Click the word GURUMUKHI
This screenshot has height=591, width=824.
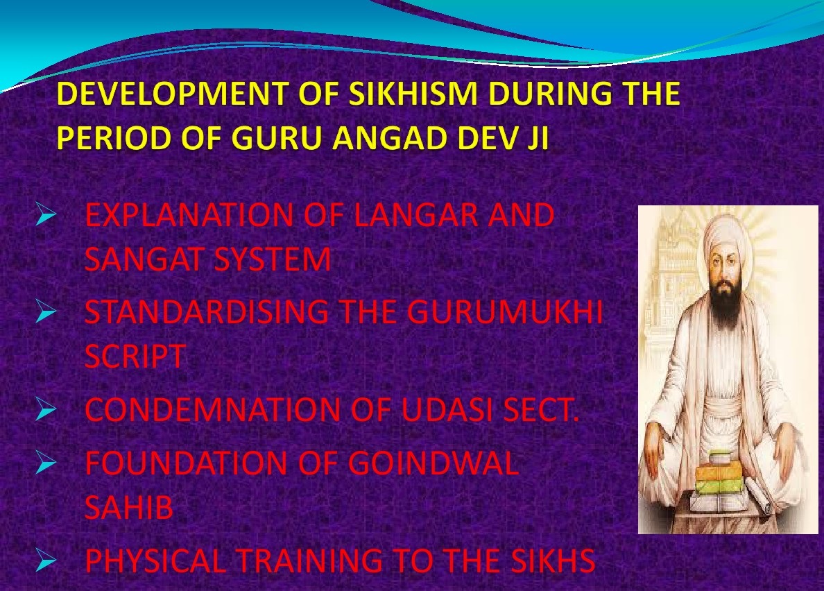[504, 311]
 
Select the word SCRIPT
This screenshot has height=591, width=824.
[135, 356]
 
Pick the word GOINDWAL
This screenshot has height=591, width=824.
[433, 463]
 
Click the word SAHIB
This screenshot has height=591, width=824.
[129, 508]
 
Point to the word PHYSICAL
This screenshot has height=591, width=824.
[155, 560]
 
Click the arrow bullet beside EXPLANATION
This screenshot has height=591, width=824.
[46, 216]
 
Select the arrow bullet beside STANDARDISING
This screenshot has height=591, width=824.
[46, 313]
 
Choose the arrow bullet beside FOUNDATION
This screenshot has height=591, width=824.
[46, 464]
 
